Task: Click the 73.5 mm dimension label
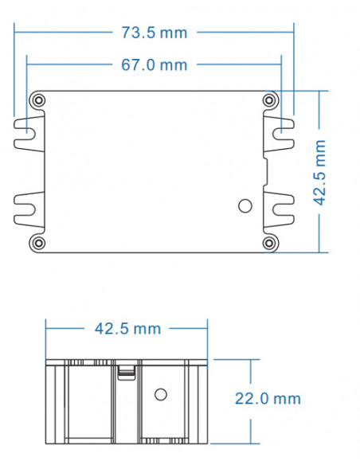155,33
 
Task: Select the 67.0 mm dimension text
155,64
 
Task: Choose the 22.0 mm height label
268,399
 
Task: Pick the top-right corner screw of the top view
270,101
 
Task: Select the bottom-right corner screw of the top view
270,242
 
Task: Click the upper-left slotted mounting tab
26,133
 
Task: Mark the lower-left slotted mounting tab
26,210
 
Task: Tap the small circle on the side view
159,394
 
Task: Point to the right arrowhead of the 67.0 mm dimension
280,64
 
